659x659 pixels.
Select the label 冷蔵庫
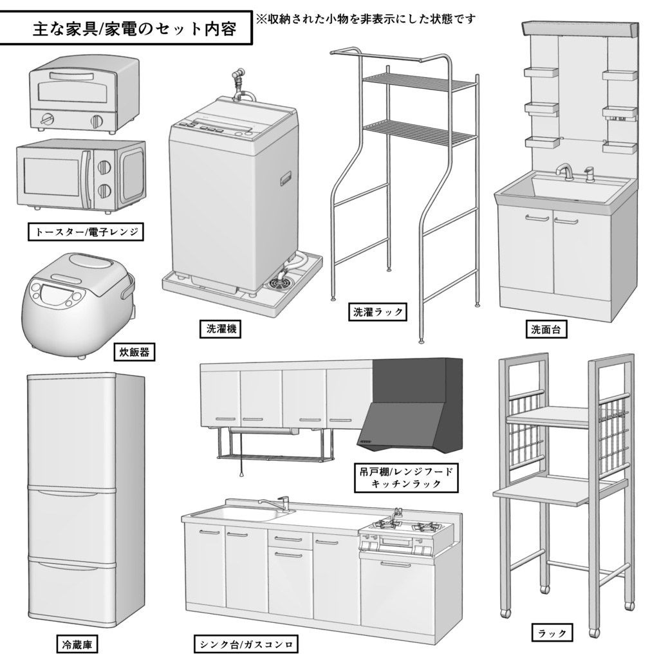[x=77, y=643]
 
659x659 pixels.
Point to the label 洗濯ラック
[x=378, y=312]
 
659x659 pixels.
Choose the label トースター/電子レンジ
[x=86, y=232]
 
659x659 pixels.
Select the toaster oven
[x=83, y=93]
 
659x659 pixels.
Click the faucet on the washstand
[x=564, y=171]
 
